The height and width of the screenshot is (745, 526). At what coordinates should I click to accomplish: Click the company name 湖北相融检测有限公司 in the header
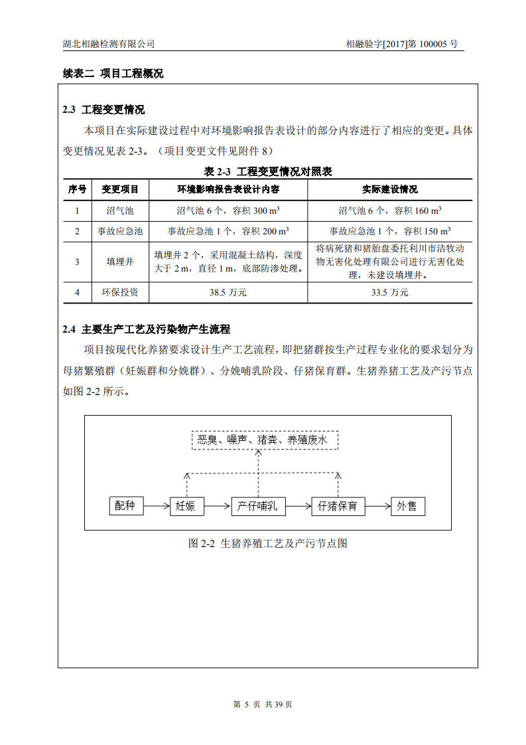(108, 44)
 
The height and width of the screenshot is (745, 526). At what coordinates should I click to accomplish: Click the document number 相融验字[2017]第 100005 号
(401, 44)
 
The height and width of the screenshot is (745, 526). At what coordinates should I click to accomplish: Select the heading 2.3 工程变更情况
(103, 110)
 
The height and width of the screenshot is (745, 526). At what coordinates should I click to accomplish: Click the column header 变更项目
(120, 189)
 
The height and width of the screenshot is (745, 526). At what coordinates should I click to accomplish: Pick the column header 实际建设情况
(390, 189)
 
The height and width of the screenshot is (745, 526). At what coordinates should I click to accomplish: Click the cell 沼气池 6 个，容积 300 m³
(228, 210)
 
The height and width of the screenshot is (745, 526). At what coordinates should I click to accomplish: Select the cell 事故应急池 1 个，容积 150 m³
(390, 231)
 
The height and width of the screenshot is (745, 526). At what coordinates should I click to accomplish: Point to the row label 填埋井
(120, 262)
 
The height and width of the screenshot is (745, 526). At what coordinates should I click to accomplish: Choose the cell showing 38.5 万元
(228, 292)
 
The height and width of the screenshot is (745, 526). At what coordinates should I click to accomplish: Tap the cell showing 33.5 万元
(390, 292)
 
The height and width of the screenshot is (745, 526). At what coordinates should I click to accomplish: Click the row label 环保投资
(120, 292)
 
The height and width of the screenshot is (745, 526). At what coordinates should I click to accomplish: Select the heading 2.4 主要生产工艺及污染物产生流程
(146, 329)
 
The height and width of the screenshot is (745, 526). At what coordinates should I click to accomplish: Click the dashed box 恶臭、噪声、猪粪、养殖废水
(265, 440)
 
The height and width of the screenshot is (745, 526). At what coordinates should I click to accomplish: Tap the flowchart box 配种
(125, 506)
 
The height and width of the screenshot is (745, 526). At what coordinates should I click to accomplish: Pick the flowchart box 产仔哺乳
(258, 506)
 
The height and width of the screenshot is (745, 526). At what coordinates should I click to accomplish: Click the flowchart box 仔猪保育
(338, 506)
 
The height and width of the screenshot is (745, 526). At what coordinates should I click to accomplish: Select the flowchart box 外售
(407, 506)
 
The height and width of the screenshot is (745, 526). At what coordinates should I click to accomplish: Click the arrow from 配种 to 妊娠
(156, 506)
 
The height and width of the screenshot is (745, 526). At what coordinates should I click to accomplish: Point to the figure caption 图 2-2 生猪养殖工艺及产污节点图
(268, 543)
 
